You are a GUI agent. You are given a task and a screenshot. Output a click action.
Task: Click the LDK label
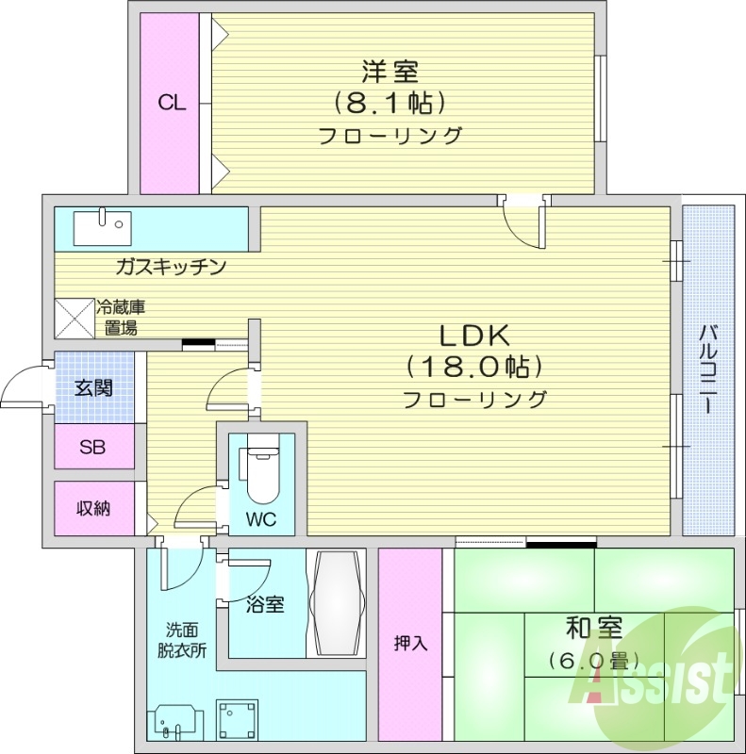point(473,335)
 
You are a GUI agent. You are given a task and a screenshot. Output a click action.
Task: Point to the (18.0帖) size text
point(474,367)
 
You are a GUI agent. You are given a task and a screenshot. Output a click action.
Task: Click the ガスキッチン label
point(171,267)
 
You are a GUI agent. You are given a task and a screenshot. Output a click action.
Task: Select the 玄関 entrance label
point(93,387)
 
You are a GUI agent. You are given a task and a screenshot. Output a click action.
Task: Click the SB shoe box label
point(92,447)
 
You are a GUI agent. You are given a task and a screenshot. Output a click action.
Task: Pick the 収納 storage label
point(93,508)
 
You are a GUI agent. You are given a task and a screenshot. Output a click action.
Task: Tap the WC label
point(261,519)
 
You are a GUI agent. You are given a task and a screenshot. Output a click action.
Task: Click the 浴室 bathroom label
point(266,604)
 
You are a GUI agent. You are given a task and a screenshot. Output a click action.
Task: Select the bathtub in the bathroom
point(337,603)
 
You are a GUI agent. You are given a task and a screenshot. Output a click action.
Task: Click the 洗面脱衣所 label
point(181,640)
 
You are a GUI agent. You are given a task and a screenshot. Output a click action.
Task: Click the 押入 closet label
point(411,644)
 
